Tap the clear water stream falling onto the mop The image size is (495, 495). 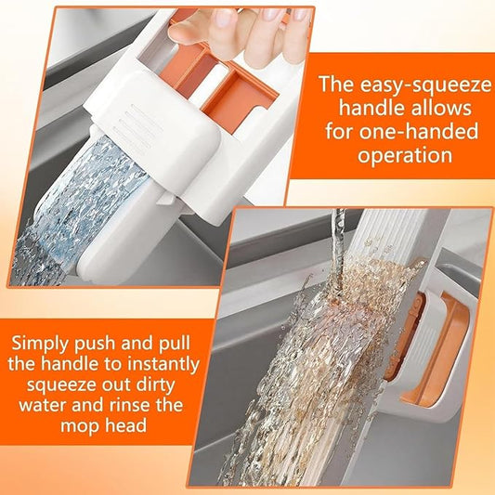[339, 232]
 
